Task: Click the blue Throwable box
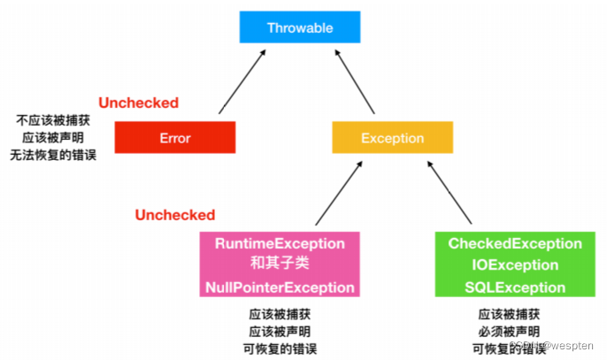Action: [x=299, y=27]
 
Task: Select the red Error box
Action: [x=174, y=138]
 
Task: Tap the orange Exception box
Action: [x=392, y=138]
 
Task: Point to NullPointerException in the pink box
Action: [x=279, y=287]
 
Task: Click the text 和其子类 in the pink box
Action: [x=279, y=264]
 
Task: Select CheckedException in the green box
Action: [x=515, y=243]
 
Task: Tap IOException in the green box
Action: [x=515, y=265]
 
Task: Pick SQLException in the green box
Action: [x=515, y=287]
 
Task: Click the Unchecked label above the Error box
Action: [x=138, y=103]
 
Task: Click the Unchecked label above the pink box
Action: [x=174, y=215]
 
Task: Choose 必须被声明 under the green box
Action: [x=511, y=331]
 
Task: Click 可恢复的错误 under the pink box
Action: [x=280, y=348]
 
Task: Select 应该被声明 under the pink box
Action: [x=280, y=331]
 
